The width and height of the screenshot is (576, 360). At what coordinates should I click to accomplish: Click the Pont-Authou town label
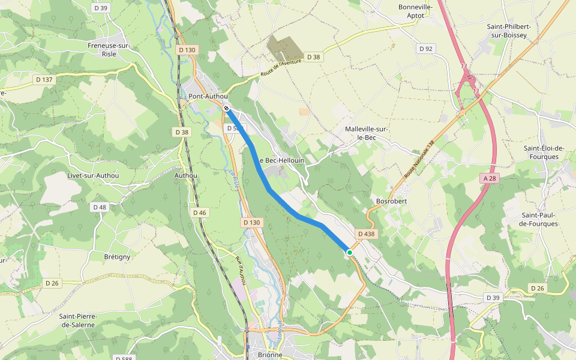click(x=208, y=96)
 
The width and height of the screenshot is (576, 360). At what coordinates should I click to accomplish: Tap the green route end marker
click(x=349, y=253)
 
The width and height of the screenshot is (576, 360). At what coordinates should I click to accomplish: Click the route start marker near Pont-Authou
click(x=226, y=108)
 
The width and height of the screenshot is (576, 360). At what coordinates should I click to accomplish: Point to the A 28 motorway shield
click(x=490, y=178)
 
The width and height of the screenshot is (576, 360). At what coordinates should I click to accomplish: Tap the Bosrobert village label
click(x=391, y=201)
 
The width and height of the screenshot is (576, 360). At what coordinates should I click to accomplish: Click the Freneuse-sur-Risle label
click(x=109, y=49)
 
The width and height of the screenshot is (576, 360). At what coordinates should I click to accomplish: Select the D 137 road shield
click(x=44, y=79)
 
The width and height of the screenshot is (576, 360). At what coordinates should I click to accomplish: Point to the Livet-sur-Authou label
click(x=93, y=175)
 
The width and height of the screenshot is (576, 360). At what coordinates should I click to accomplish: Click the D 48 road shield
click(x=100, y=206)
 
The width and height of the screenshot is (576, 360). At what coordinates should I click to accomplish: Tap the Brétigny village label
click(x=117, y=257)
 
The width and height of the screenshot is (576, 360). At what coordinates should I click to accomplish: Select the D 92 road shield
click(x=426, y=49)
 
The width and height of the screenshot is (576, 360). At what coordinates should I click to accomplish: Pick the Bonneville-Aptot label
click(x=415, y=11)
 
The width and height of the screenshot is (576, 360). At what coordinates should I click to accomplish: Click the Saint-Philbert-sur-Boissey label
click(x=509, y=31)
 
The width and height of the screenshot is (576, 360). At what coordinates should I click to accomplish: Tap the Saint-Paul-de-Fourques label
click(x=539, y=219)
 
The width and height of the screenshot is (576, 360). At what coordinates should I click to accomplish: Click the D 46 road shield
click(x=200, y=212)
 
